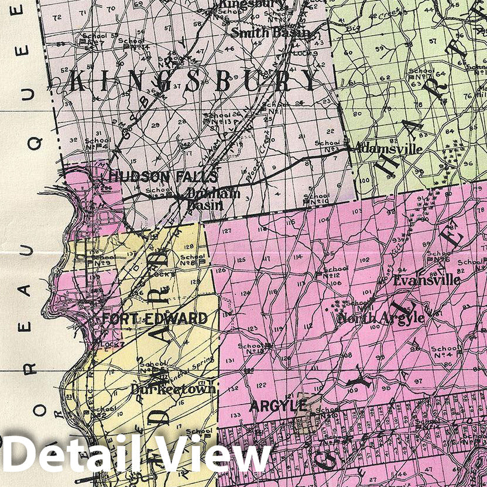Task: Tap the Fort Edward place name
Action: [155, 318]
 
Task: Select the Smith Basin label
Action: [270, 33]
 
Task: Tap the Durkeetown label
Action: [164, 389]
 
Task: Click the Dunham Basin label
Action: [205, 199]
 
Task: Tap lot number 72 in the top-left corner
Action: [57, 18]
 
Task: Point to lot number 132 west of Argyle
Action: [234, 388]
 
